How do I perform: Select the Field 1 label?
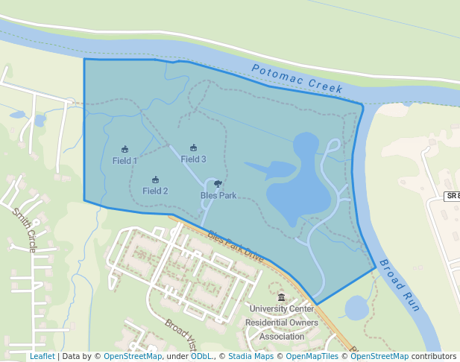click(125, 161)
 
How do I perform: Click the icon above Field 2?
click(155, 180)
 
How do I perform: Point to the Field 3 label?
click(193, 159)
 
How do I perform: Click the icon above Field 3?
click(193, 147)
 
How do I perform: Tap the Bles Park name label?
click(218, 196)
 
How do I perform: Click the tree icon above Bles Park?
click(217, 183)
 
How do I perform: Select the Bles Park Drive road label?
click(236, 246)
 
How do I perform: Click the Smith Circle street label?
click(24, 230)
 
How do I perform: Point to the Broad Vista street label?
click(180, 335)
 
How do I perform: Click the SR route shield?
click(452, 196)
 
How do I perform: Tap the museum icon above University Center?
click(281, 297)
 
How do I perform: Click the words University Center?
click(281, 308)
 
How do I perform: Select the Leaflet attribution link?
click(42, 357)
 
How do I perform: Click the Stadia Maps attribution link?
click(251, 357)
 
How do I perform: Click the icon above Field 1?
click(125, 149)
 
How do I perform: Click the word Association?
click(281, 337)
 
